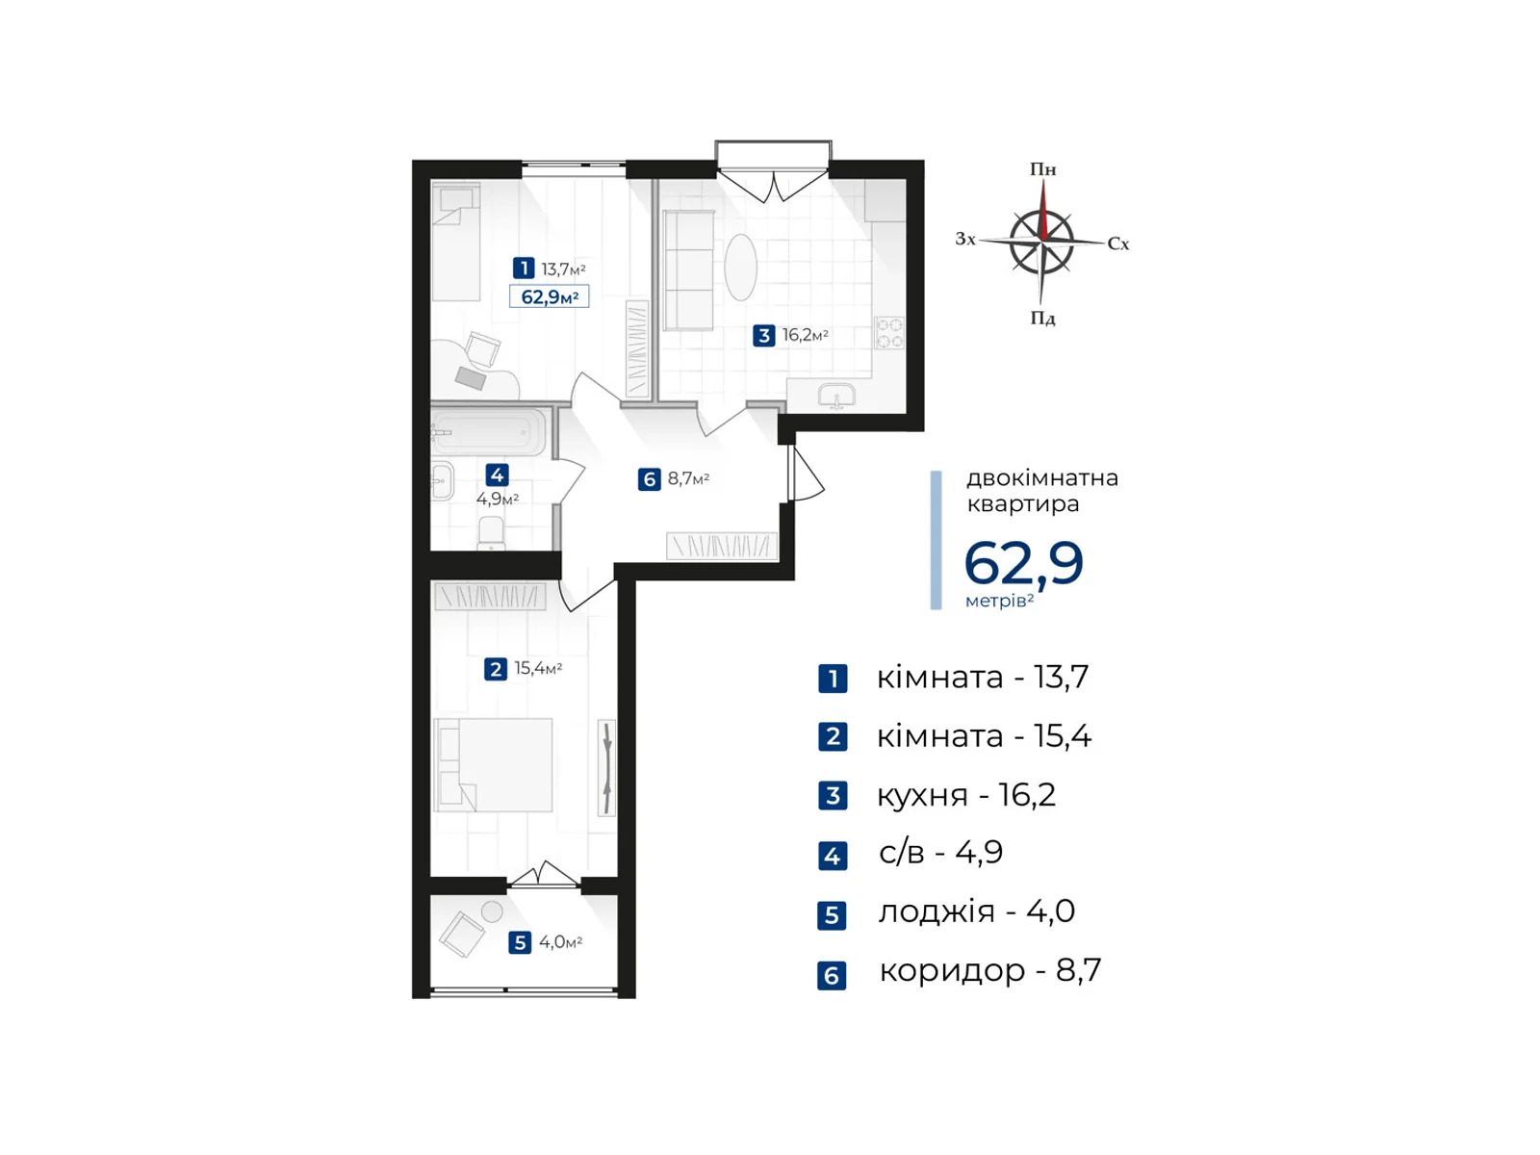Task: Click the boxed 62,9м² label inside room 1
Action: [549, 296]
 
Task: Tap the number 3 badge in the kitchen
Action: [763, 335]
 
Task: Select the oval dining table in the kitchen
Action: [740, 268]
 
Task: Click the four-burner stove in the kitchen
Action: [889, 333]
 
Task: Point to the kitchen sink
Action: [836, 395]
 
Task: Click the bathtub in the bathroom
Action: [489, 433]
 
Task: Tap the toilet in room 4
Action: [491, 532]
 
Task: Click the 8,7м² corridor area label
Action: [687, 478]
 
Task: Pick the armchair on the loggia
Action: [462, 933]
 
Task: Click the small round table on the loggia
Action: [492, 911]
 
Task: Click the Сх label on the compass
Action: [1117, 244]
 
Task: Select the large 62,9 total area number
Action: [1023, 563]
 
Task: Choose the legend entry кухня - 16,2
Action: [965, 795]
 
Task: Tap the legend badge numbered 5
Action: [832, 914]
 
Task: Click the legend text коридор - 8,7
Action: [989, 970]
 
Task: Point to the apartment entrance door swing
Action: [805, 476]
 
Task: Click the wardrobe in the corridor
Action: [721, 546]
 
